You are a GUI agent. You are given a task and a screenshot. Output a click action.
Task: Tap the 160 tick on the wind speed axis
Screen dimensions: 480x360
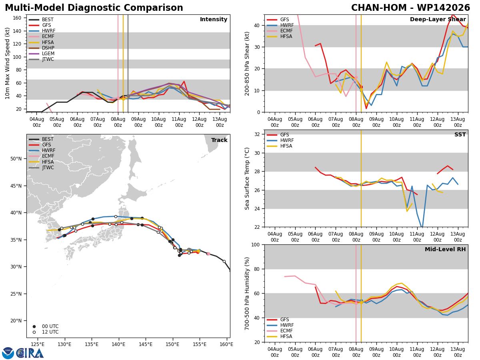tap(17, 18)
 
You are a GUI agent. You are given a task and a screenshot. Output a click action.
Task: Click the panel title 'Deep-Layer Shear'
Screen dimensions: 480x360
tap(438, 19)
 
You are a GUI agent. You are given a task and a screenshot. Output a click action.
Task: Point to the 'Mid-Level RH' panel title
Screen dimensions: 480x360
tap(445, 249)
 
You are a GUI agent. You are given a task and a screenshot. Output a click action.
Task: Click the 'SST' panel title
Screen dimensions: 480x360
tap(460, 134)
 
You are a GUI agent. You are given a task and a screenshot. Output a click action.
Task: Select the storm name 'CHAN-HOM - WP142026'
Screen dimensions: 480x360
tap(410, 8)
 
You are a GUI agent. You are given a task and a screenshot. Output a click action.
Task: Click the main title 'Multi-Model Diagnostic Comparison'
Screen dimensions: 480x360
tap(94, 8)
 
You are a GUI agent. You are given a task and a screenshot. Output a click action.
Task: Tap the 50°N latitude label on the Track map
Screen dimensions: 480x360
tap(16, 159)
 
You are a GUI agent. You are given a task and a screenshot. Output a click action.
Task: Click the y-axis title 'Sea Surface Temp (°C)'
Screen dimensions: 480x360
tap(247, 178)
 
